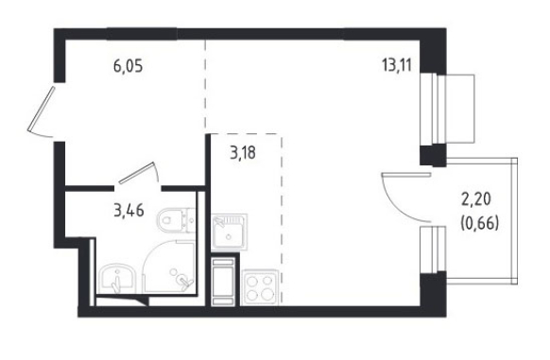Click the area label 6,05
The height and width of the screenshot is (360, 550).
click(128, 66)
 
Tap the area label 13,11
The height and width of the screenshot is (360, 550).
click(396, 65)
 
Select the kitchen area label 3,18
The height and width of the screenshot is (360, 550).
click(243, 153)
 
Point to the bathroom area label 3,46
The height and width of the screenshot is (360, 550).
click(129, 211)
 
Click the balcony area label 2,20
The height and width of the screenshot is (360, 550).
click(476, 199)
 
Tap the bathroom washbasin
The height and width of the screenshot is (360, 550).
click(116, 279)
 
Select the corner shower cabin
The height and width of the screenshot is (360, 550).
click(169, 266)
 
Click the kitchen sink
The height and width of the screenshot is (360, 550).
click(230, 231)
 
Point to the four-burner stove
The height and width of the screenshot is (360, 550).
click(260, 287)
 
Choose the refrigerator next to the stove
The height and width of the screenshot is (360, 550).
click(223, 282)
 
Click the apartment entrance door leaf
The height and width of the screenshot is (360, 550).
click(42, 109)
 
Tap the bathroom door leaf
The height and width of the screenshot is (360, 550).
click(137, 173)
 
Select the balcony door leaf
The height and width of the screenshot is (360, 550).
click(406, 175)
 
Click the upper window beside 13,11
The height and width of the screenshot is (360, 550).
click(447, 109)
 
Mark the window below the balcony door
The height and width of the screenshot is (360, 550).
click(433, 249)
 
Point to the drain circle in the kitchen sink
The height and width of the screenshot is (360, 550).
click(229, 237)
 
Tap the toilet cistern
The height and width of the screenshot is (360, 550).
click(190, 220)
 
